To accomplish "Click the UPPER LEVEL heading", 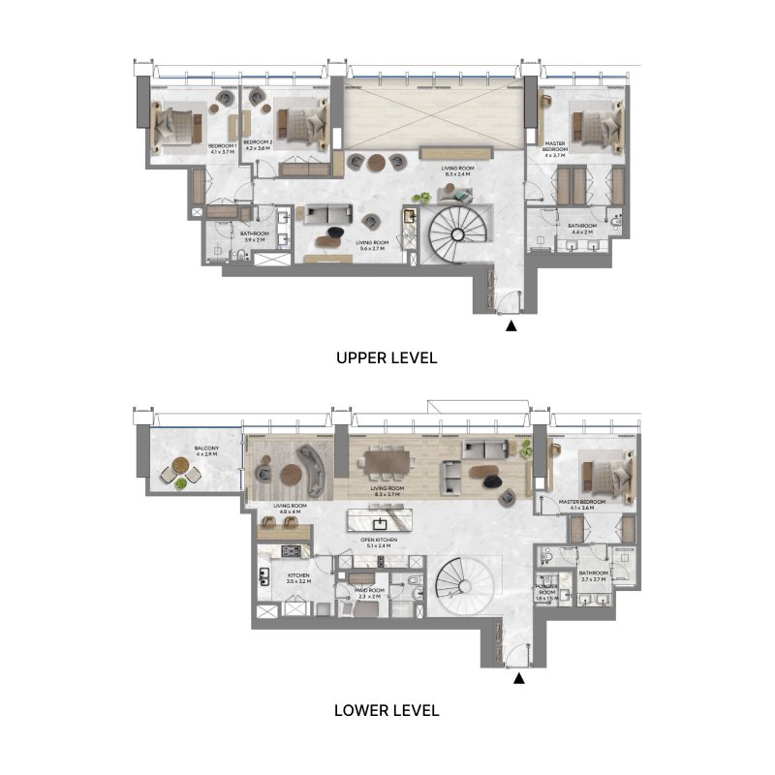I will pyautogui.click(x=387, y=357).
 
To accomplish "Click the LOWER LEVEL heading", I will pyautogui.click(x=387, y=710).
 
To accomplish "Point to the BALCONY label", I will pyautogui.click(x=205, y=450).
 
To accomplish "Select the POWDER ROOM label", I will pyautogui.click(x=547, y=594).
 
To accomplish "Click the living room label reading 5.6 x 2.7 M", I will pyautogui.click(x=370, y=246).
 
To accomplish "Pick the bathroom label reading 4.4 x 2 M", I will pyautogui.click(x=583, y=229).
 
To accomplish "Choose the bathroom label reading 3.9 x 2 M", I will pyautogui.click(x=255, y=234).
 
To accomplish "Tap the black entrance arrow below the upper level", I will pyautogui.click(x=511, y=326).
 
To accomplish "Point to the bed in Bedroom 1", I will pyautogui.click(x=176, y=124).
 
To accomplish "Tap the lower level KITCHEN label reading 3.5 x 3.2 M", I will pyautogui.click(x=299, y=577).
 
